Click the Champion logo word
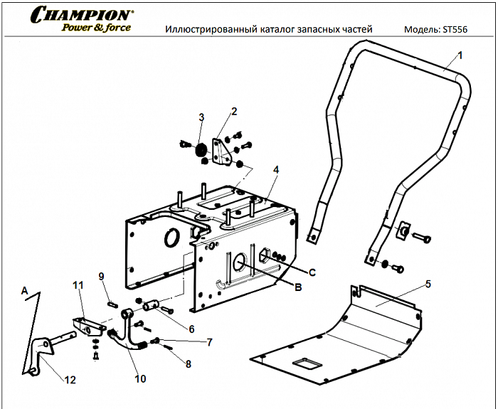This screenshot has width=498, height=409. [81, 14]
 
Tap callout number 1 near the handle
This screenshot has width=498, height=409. [460, 55]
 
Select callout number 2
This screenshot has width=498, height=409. [233, 110]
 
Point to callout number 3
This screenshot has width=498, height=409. [201, 117]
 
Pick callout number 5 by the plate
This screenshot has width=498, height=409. [428, 284]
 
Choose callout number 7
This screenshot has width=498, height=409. [209, 342]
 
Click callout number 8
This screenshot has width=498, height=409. [188, 364]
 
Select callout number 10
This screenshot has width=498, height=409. [140, 379]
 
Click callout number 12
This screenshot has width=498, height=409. [70, 380]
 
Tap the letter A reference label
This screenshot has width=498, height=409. [24, 290]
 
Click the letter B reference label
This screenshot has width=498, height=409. [298, 287]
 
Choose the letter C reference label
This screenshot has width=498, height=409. [312, 272]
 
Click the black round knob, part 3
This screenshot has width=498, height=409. [200, 149]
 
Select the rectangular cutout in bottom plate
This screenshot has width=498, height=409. [304, 364]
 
